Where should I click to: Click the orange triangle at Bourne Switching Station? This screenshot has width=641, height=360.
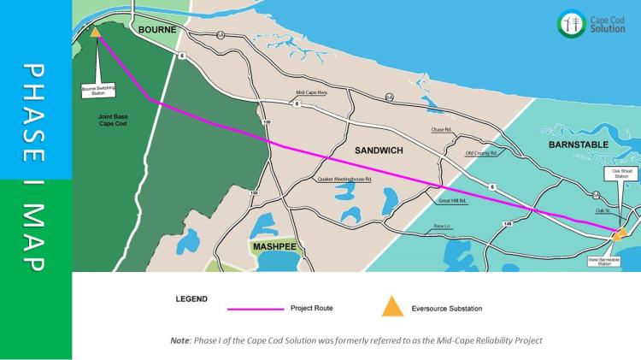tap(96, 33)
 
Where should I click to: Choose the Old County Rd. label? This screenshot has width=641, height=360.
tap(480, 153)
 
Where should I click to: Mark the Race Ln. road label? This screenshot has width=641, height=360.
tap(442, 226)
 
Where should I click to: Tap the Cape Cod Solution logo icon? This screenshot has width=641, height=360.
tap(571, 23)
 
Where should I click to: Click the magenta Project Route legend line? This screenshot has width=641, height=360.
tap(256, 308)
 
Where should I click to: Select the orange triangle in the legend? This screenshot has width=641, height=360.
tap(391, 307)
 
